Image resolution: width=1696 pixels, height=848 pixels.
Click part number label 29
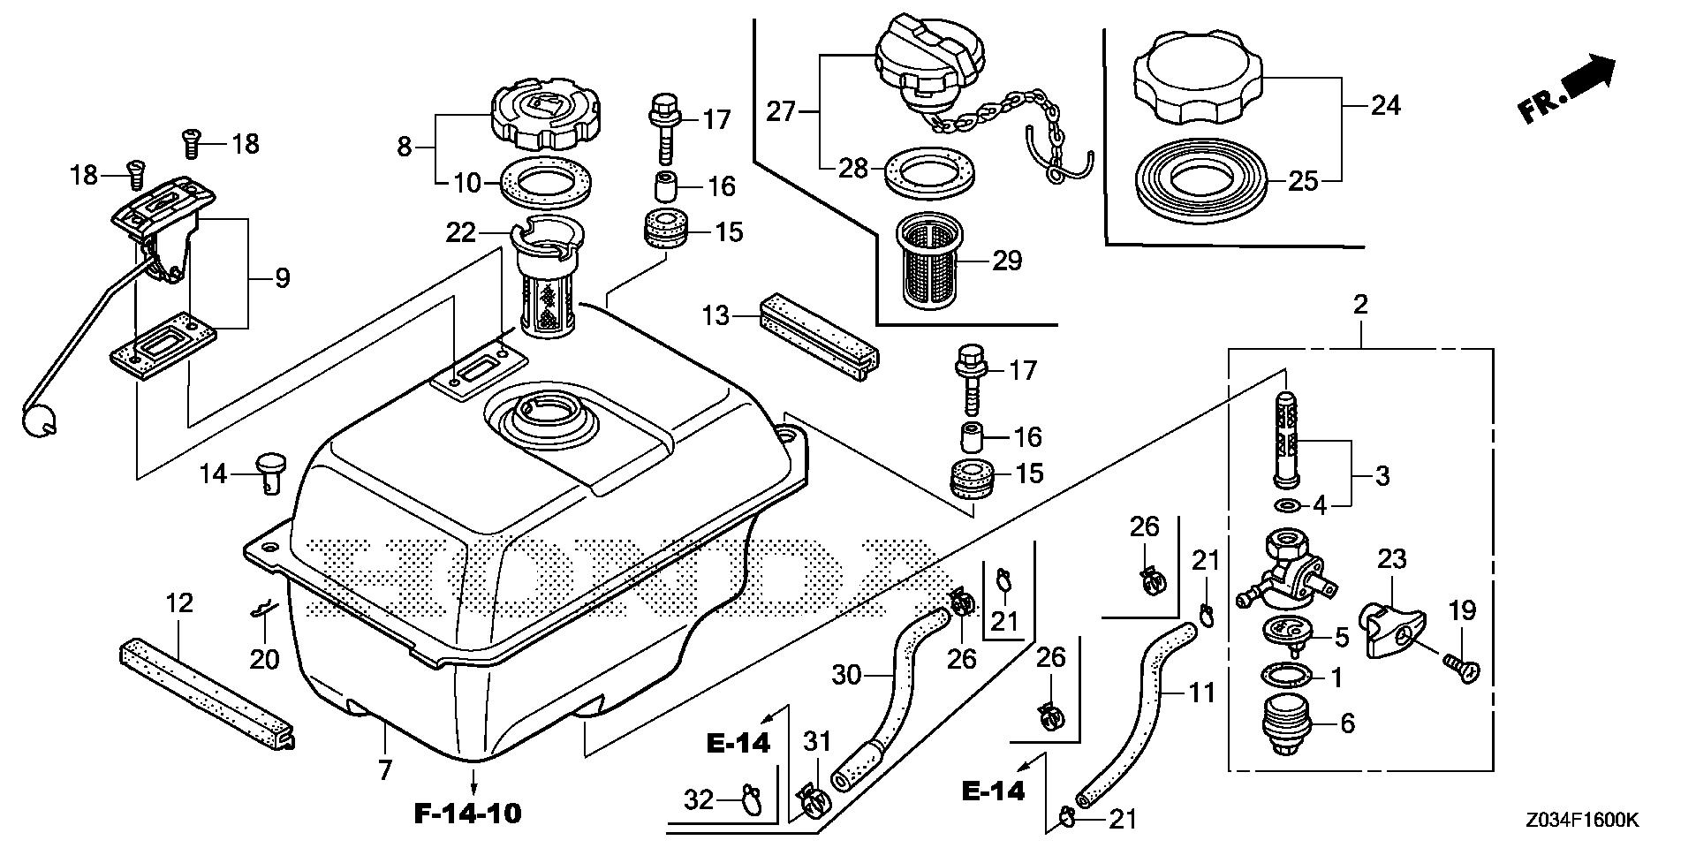click(x=1007, y=260)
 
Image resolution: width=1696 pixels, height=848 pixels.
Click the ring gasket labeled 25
click(x=1201, y=182)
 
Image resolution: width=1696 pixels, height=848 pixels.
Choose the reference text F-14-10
click(x=468, y=813)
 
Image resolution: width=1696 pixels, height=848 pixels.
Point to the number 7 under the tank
click(x=384, y=771)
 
